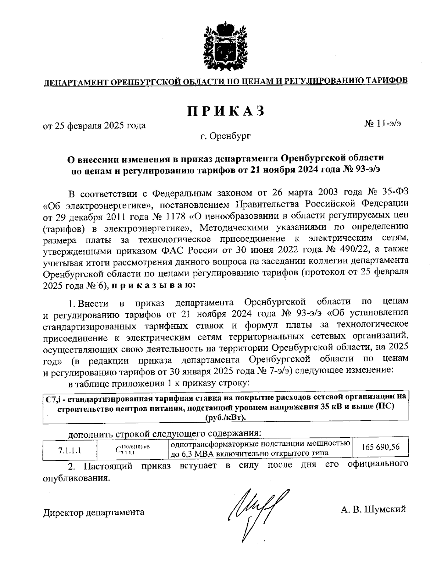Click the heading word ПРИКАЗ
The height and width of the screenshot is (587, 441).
(x=226, y=111)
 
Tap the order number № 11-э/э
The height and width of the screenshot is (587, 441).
(x=383, y=124)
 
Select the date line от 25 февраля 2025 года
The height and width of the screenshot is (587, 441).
(x=94, y=126)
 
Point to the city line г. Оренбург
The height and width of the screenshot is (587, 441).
(x=226, y=137)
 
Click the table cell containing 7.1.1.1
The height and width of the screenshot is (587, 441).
(x=70, y=449)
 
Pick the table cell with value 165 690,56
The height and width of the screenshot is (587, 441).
(x=380, y=448)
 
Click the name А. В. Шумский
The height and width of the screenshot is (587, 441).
(x=373, y=509)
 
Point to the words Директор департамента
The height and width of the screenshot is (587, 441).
(x=94, y=512)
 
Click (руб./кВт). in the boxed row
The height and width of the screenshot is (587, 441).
(x=226, y=418)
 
